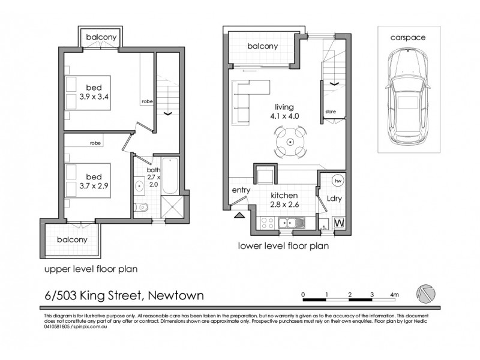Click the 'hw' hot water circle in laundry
338,181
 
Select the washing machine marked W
338,222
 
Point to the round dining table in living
290,142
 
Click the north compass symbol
425,294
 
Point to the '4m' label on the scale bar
394,295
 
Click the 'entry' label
240,191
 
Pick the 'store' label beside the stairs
330,112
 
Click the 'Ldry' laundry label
334,197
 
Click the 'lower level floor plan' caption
283,245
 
